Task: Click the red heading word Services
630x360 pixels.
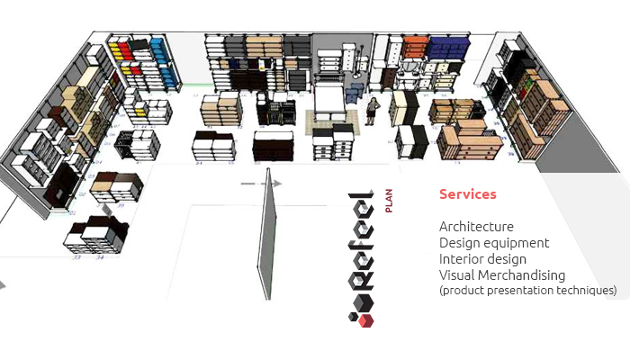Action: point(467,194)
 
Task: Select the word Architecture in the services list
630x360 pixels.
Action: point(476,227)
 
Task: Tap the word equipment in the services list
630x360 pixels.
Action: point(517,243)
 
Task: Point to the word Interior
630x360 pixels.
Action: point(461,259)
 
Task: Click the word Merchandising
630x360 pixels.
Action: point(522,275)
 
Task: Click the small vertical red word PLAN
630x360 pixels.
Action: point(388,201)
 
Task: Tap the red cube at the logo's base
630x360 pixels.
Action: point(364,319)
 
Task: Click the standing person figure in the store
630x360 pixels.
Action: point(372,112)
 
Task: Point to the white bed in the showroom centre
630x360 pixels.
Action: point(328,100)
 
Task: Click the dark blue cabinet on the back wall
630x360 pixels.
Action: point(442,48)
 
